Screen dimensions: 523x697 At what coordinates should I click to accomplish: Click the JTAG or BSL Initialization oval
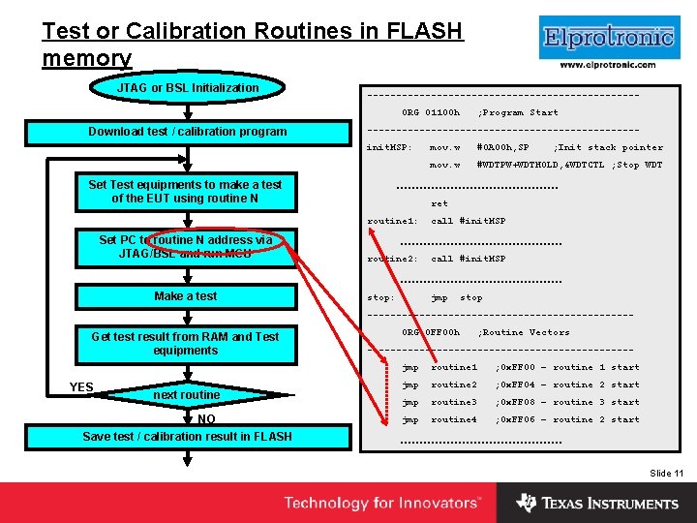click(x=188, y=88)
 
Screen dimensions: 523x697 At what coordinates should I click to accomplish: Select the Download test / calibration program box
click(x=188, y=132)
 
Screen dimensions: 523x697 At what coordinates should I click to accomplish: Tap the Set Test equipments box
click(x=185, y=192)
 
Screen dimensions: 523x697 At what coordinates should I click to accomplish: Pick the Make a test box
click(x=185, y=296)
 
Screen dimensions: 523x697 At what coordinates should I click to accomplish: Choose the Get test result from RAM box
click(x=185, y=344)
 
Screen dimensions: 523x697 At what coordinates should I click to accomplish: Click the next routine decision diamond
click(x=186, y=395)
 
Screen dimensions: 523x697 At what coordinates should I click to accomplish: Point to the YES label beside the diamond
click(x=81, y=387)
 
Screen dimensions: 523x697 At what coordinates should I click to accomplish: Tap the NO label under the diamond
click(x=206, y=419)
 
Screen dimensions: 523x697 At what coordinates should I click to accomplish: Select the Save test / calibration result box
click(x=188, y=437)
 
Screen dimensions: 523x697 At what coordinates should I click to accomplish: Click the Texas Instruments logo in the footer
click(x=597, y=503)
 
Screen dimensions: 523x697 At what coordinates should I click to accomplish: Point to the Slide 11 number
click(x=667, y=473)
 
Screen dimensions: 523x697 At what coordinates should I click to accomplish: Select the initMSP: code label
click(x=389, y=148)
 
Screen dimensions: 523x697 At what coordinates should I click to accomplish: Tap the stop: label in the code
click(x=380, y=298)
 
